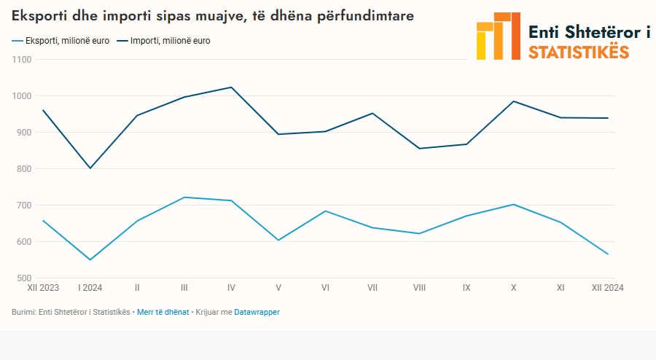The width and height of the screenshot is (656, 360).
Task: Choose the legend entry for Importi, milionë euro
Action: pyautogui.click(x=170, y=41)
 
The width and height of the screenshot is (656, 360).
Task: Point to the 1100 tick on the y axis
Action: pyautogui.click(x=22, y=60)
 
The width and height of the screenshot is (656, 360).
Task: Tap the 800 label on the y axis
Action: pyautogui.click(x=24, y=169)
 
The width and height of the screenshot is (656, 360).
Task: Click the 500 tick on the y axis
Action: pyautogui.click(x=24, y=278)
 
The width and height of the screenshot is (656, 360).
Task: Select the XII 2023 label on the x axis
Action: pyautogui.click(x=44, y=288)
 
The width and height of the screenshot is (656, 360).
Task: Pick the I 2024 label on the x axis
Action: pyautogui.click(x=90, y=288)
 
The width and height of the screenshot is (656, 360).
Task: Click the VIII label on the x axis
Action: pyautogui.click(x=419, y=288)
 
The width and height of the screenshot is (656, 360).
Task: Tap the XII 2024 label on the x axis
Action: pyautogui.click(x=607, y=288)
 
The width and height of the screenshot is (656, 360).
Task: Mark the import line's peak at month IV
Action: pyautogui.click(x=231, y=87)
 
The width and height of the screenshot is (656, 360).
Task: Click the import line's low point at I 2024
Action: pyautogui.click(x=90, y=168)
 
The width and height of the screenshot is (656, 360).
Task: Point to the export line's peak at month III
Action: pyautogui.click(x=184, y=197)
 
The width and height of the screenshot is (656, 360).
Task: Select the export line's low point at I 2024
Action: pyautogui.click(x=90, y=259)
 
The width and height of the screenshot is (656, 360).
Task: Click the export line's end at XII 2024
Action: pyautogui.click(x=607, y=254)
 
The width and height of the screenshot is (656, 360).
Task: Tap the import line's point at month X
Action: pyautogui.click(x=513, y=101)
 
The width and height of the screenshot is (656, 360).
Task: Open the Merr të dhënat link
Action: pyautogui.click(x=163, y=312)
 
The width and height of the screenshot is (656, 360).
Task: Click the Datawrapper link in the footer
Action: pyautogui.click(x=257, y=312)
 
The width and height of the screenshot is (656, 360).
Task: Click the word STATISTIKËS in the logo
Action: pyautogui.click(x=578, y=52)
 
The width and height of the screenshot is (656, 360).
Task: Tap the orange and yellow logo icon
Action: pyautogui.click(x=498, y=36)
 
